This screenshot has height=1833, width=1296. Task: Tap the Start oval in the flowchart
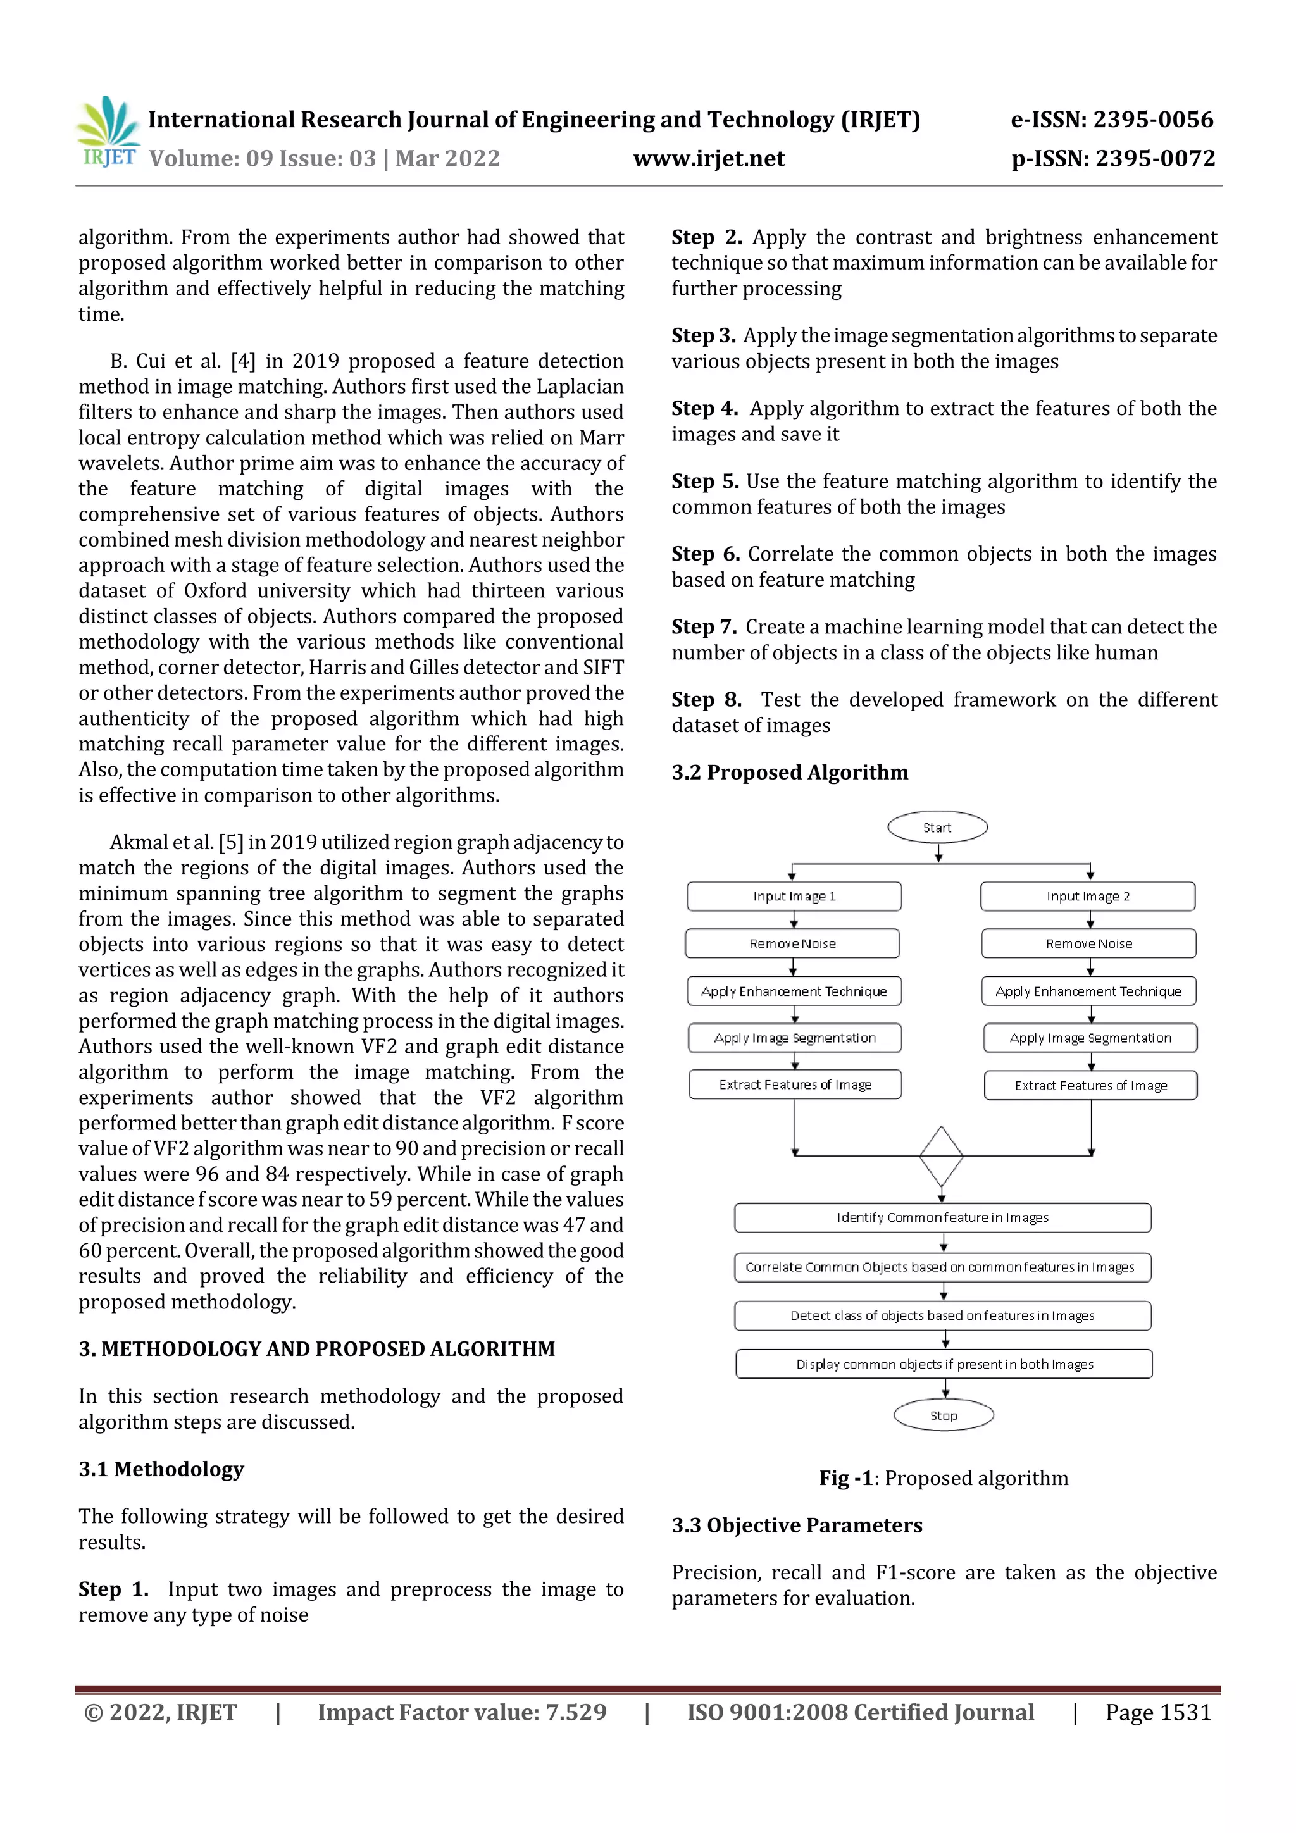point(937,827)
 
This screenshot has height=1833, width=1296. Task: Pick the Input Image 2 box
point(1088,896)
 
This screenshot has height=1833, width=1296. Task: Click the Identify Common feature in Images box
point(942,1217)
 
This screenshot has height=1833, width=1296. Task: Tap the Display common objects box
point(944,1364)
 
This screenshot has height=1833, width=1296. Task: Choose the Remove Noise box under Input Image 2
point(1088,943)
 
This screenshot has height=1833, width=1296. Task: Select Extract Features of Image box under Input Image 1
point(795,1084)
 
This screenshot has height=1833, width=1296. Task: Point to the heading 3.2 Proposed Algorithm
point(790,772)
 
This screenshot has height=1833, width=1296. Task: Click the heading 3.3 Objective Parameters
point(796,1525)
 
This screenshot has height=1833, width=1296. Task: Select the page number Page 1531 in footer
point(1158,1712)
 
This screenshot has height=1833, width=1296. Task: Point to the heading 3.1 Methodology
point(161,1469)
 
